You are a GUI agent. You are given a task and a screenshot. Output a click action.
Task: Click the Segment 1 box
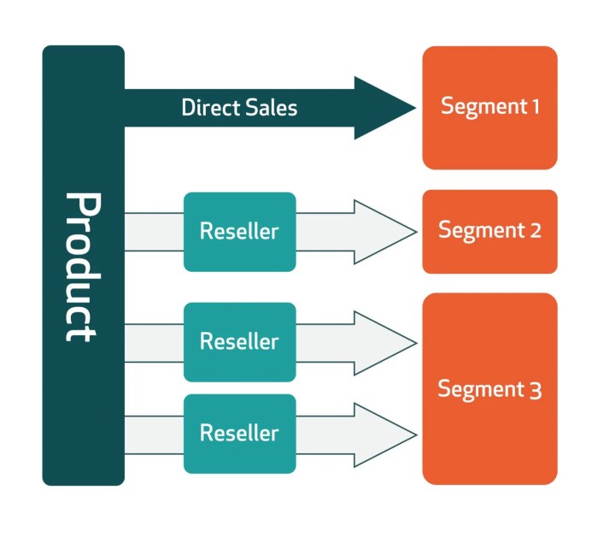point(490,108)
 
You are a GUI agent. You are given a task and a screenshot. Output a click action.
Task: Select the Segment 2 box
point(490,232)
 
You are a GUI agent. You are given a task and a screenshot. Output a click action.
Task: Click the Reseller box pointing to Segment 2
point(239,232)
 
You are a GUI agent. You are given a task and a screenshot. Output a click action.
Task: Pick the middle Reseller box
point(239,342)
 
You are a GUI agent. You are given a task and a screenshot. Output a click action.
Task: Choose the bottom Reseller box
point(239,434)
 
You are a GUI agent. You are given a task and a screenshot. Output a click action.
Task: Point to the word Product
point(83,267)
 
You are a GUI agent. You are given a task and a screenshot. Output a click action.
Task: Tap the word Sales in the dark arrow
point(268,108)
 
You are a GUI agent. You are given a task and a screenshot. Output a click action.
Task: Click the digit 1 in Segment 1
point(535,107)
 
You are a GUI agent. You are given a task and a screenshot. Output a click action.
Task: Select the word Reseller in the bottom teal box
point(239,434)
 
